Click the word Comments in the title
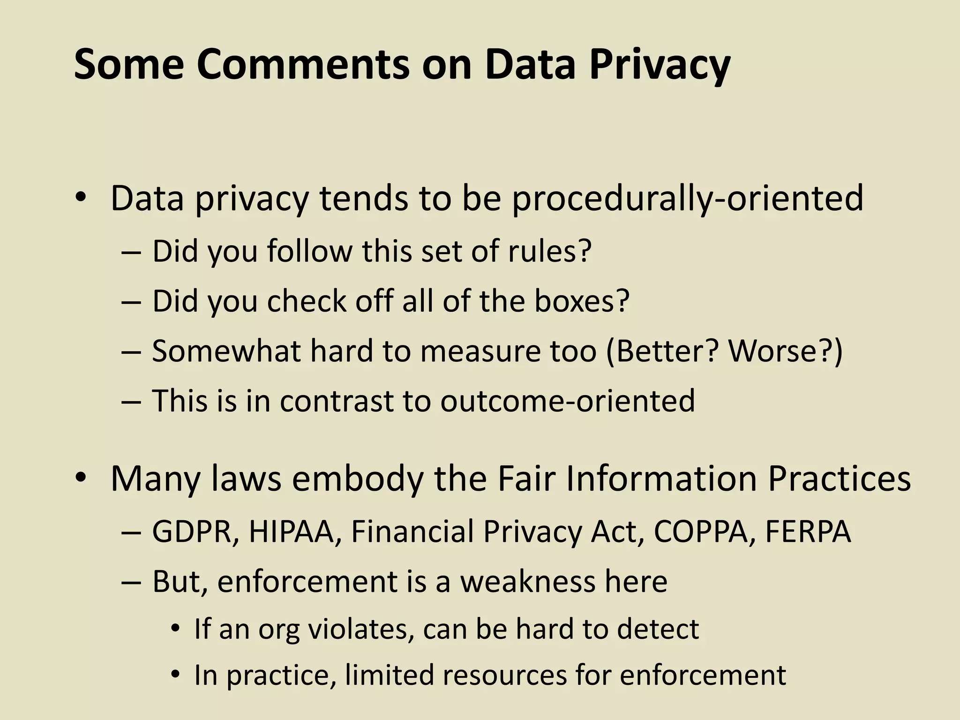click(x=303, y=65)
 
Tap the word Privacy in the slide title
click(x=659, y=65)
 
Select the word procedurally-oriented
click(x=687, y=199)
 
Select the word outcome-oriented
click(x=567, y=401)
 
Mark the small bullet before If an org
click(x=175, y=629)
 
